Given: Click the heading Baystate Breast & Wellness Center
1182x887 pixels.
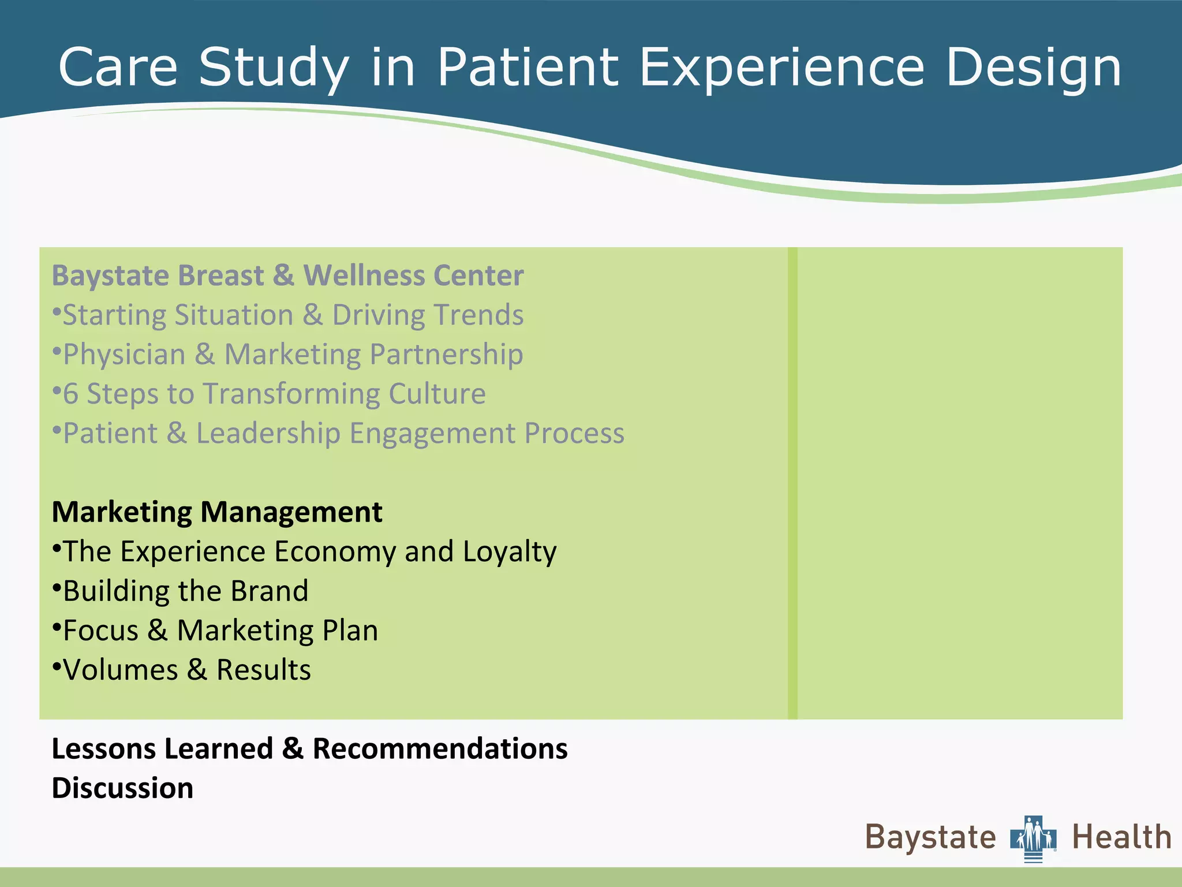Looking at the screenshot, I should click(287, 275).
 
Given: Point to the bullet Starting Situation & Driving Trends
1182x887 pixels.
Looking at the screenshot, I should click(293, 315).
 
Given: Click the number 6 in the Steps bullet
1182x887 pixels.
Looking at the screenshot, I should click(70, 394).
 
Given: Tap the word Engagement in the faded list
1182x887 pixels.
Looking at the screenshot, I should click(432, 433).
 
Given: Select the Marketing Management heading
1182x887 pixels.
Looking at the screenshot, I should click(217, 512).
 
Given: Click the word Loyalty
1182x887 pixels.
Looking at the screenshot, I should click(509, 552).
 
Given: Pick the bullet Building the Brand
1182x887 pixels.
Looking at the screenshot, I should click(185, 591).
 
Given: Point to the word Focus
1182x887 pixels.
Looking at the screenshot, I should click(101, 631).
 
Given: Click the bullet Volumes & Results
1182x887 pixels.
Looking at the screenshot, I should click(186, 670).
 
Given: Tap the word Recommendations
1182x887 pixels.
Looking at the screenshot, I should click(440, 749).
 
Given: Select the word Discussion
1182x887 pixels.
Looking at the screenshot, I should click(122, 788).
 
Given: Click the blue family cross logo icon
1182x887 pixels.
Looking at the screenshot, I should click(1033, 838).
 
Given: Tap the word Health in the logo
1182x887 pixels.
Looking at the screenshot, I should click(1121, 837).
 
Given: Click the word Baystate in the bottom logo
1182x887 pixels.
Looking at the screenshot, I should click(930, 837).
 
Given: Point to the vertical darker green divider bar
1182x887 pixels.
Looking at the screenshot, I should click(792, 483).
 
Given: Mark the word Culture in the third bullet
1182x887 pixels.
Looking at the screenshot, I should click(437, 394).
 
